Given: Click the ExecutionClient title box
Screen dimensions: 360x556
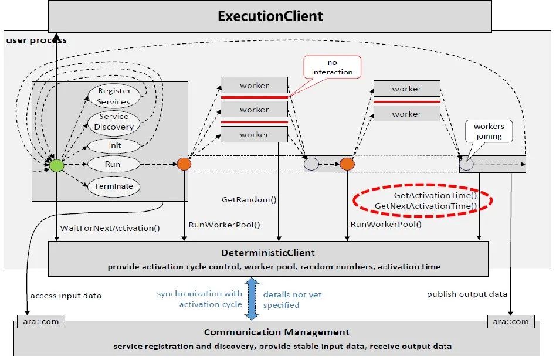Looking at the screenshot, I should (x=270, y=16).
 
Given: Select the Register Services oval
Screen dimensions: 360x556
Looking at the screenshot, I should (x=114, y=96).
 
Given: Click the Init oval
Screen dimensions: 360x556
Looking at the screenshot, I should (x=114, y=145).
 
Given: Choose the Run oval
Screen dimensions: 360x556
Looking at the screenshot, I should (x=113, y=165).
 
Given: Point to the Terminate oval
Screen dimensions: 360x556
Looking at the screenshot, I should (x=114, y=186).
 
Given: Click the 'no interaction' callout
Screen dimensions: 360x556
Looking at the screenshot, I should (x=332, y=67).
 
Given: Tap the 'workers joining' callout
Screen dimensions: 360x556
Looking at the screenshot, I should (x=489, y=131).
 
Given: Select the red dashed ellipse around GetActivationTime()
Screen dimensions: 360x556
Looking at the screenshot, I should (x=422, y=201).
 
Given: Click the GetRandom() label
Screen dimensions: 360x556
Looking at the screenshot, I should (x=249, y=199).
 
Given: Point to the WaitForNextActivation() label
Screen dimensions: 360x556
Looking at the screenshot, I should (x=110, y=227).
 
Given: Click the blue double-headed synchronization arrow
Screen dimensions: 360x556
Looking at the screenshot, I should (x=252, y=299).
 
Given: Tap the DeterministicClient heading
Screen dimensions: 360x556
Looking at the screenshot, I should (x=268, y=253).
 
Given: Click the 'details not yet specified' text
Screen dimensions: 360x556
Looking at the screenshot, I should (x=292, y=300).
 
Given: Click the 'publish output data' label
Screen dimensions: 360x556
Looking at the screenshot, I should (x=467, y=294).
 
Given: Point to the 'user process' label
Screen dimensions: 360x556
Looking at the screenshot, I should (x=36, y=40).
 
